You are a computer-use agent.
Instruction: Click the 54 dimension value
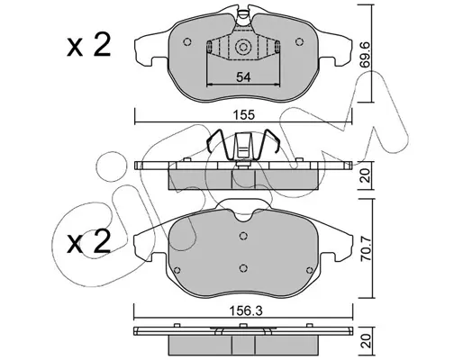click(x=243, y=77)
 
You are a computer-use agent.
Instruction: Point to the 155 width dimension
click(x=245, y=115)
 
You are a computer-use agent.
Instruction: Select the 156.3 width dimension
click(x=245, y=311)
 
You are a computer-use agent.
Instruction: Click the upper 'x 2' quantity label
click(x=89, y=45)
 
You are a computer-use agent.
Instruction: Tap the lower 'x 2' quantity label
click(x=89, y=242)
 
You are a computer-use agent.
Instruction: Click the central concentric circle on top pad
click(x=242, y=48)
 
